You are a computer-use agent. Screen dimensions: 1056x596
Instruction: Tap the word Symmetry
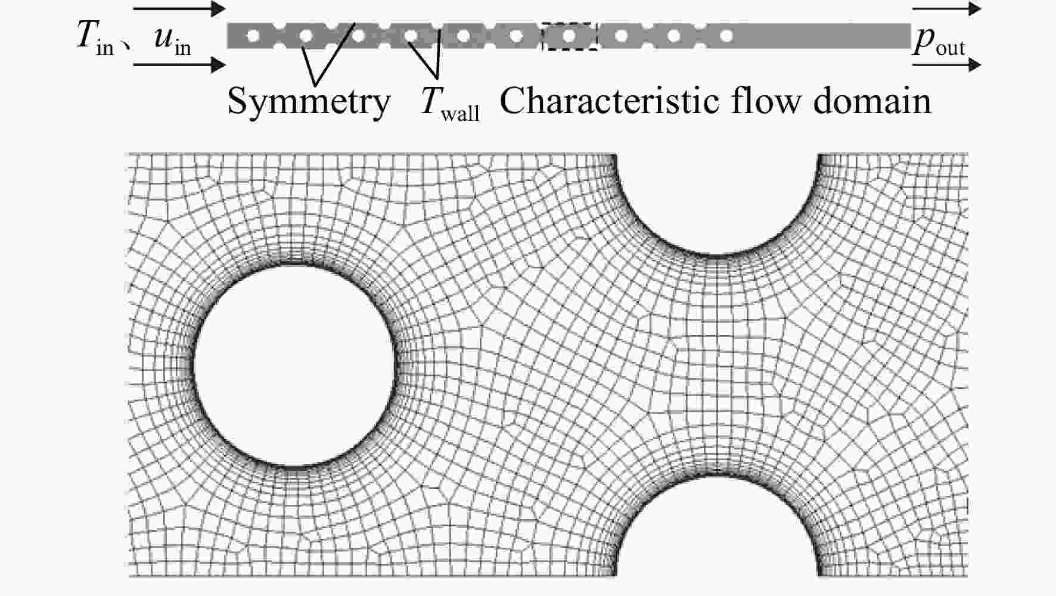point(309,101)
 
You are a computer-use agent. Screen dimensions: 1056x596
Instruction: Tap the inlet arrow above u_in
point(179,9)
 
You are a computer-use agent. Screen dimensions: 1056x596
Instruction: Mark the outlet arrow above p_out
point(946,8)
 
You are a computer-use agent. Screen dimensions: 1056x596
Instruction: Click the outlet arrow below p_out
point(946,64)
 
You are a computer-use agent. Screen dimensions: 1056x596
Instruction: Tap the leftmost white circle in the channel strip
point(253,36)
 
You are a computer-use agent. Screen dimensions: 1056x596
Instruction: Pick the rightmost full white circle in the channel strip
point(726,36)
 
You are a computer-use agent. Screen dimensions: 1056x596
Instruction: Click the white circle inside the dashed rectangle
point(569,36)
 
